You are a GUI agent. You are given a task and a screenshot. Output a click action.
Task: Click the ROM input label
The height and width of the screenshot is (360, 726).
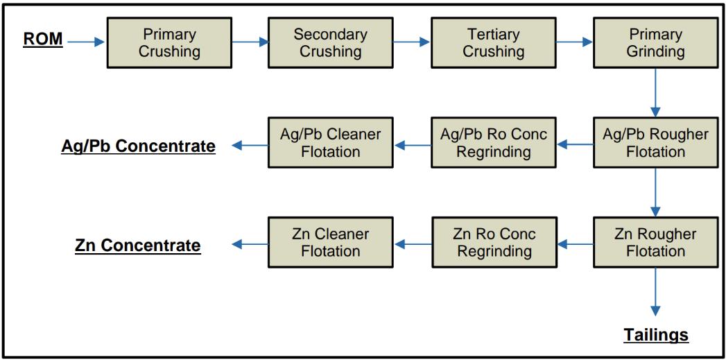tap(42, 39)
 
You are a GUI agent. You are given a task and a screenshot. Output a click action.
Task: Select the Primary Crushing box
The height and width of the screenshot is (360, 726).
tap(169, 42)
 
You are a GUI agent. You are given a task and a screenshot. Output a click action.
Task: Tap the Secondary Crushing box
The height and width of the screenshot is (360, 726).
tap(331, 42)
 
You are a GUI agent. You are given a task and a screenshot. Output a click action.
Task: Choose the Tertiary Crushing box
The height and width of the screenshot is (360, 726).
tap(493, 42)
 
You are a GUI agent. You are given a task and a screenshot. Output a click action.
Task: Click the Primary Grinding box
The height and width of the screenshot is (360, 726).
tap(655, 42)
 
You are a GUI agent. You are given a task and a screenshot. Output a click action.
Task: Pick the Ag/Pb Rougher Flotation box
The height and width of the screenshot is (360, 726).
tap(655, 143)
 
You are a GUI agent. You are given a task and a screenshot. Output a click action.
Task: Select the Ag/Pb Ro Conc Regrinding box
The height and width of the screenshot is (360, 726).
tap(493, 143)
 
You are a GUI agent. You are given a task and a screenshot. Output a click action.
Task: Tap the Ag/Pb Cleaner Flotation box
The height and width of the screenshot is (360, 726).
tap(331, 143)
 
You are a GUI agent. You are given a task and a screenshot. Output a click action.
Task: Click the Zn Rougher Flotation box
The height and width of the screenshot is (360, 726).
tap(655, 242)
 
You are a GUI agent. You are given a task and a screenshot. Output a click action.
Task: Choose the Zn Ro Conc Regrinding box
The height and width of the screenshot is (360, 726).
tap(493, 242)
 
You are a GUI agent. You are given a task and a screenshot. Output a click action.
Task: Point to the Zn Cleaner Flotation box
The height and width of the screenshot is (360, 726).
tap(331, 242)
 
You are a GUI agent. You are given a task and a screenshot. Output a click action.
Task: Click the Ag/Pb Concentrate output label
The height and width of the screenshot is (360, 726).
tap(138, 146)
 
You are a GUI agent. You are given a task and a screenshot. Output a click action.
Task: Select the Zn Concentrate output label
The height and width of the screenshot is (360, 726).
tap(137, 245)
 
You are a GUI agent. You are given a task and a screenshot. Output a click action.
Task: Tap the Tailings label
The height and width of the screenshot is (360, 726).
tap(656, 334)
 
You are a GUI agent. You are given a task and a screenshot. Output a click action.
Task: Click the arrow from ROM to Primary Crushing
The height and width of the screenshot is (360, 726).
tap(87, 42)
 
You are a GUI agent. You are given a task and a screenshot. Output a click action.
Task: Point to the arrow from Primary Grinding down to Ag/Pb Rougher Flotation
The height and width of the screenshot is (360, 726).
tap(655, 93)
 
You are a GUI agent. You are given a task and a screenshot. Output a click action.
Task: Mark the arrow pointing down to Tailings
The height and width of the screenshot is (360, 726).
tap(655, 292)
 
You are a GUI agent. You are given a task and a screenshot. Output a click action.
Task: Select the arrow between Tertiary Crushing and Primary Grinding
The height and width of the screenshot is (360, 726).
tap(574, 42)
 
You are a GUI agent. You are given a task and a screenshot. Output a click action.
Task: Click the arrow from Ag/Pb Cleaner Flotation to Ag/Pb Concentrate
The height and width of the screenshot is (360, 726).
tap(250, 146)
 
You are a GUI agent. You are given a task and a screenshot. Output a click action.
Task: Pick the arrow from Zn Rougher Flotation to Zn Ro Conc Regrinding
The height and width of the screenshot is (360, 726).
tap(575, 243)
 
